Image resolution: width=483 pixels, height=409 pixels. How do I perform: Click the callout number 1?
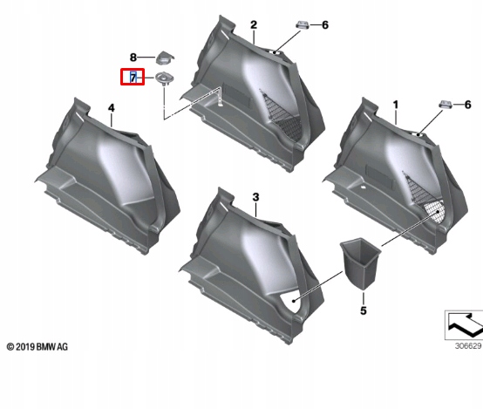click(396, 105)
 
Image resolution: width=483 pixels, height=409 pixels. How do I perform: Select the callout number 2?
click(254, 25)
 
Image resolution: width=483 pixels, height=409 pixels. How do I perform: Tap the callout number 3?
click(255, 197)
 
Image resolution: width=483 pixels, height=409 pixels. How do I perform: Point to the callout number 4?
click(112, 108)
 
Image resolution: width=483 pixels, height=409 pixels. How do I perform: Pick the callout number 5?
click(364, 310)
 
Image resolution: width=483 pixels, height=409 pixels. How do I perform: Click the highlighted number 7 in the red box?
click(133, 77)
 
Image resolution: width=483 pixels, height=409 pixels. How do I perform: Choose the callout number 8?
click(133, 58)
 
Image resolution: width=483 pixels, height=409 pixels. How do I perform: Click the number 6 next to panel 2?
click(325, 25)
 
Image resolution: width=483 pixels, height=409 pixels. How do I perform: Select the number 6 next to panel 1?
click(467, 105)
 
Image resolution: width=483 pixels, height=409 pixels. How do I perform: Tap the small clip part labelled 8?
click(165, 58)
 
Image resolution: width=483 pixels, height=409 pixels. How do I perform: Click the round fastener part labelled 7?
click(164, 78)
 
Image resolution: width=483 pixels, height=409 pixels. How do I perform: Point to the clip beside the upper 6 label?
click(303, 24)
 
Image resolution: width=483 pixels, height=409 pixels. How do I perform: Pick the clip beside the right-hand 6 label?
click(446, 105)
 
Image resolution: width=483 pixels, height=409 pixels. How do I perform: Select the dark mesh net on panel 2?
click(283, 117)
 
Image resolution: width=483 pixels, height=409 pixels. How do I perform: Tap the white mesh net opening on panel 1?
click(434, 211)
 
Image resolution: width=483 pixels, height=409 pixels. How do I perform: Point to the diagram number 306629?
click(468, 346)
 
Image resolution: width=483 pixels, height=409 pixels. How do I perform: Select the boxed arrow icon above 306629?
click(464, 325)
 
